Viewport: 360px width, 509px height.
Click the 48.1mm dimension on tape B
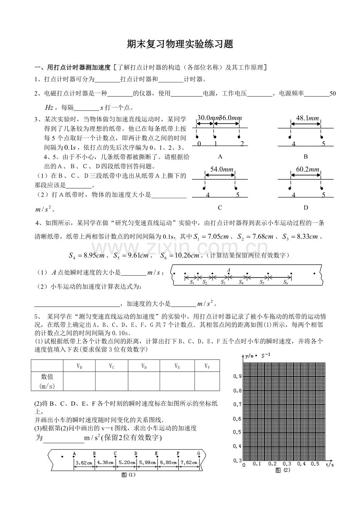306,118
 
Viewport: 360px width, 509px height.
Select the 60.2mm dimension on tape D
305,169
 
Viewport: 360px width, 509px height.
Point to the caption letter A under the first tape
220,157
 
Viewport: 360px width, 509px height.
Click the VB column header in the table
79,366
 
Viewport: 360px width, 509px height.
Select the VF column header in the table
207,366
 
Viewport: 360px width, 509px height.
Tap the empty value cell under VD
144,381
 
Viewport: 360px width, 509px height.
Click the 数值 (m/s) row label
47,381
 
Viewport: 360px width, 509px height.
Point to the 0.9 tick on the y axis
238,376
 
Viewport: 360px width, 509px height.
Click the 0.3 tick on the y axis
238,461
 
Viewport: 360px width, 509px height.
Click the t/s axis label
329,464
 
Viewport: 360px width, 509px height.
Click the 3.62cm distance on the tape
84,462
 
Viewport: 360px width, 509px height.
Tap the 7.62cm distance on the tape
188,462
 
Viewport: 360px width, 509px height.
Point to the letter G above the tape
199,453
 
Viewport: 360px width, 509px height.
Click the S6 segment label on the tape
286,282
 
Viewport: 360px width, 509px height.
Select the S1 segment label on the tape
192,282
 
